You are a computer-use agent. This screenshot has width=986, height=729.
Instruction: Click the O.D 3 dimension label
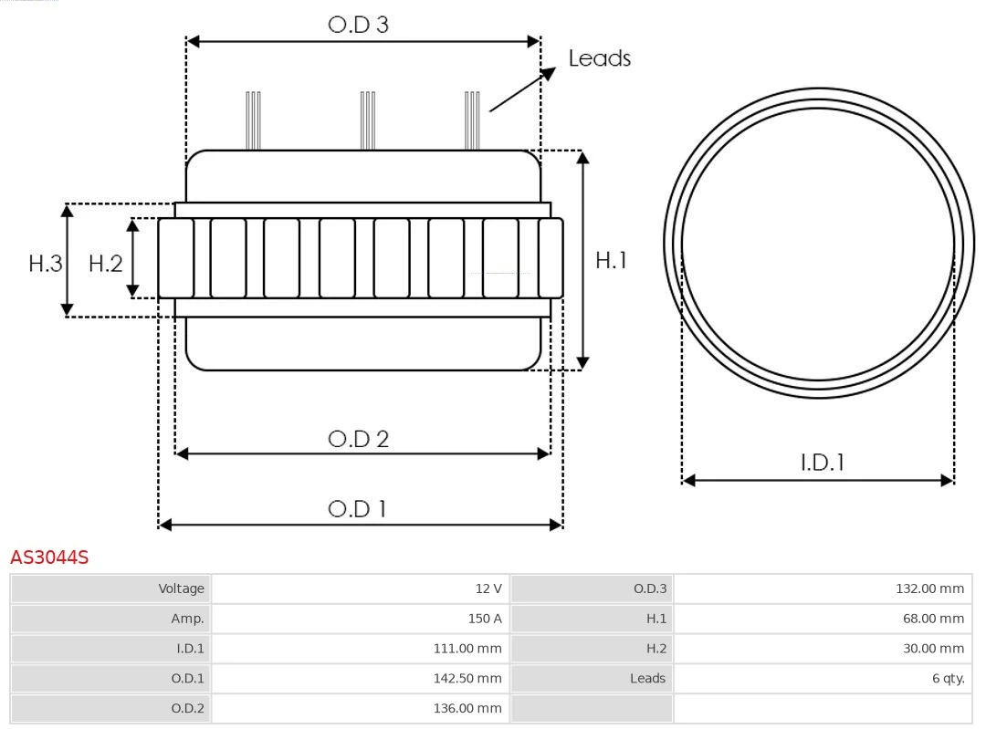[358, 25]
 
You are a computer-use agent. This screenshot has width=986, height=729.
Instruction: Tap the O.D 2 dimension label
[358, 439]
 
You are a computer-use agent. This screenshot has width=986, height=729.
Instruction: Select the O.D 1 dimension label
[357, 508]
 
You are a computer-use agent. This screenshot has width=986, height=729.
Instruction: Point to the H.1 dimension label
[611, 260]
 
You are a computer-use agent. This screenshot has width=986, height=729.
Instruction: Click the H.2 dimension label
[105, 264]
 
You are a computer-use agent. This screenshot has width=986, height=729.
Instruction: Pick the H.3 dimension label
[45, 264]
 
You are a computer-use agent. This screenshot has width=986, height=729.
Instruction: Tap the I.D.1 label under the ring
[822, 463]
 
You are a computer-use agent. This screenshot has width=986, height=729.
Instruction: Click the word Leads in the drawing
[599, 58]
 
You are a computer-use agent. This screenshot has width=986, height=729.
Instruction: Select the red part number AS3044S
[49, 557]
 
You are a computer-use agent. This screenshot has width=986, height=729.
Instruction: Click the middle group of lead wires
[367, 120]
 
